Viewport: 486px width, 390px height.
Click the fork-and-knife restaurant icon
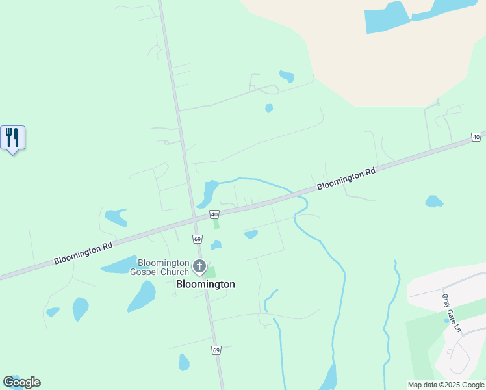(x=12, y=138)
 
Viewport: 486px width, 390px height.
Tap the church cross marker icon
(x=199, y=266)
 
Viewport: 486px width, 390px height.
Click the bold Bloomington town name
(x=205, y=284)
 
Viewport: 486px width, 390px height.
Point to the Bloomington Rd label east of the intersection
(x=346, y=180)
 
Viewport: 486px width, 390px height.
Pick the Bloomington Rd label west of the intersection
(x=83, y=253)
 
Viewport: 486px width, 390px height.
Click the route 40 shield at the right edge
(x=476, y=137)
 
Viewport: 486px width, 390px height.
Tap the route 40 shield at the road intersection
(x=214, y=214)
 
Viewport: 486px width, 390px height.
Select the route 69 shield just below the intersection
(x=198, y=239)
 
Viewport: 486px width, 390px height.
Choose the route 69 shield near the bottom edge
(x=216, y=350)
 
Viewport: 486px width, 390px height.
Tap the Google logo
(x=21, y=382)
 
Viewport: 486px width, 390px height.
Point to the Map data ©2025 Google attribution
(x=446, y=385)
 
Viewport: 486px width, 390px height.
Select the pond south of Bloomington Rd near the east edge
(x=433, y=201)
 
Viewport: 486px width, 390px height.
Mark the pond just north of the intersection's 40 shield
(x=210, y=192)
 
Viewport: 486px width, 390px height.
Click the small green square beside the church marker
(x=211, y=272)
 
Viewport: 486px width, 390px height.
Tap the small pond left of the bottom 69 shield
(x=184, y=362)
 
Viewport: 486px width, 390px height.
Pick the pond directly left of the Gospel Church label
(x=118, y=265)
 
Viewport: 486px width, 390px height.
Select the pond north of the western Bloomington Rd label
(x=116, y=217)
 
